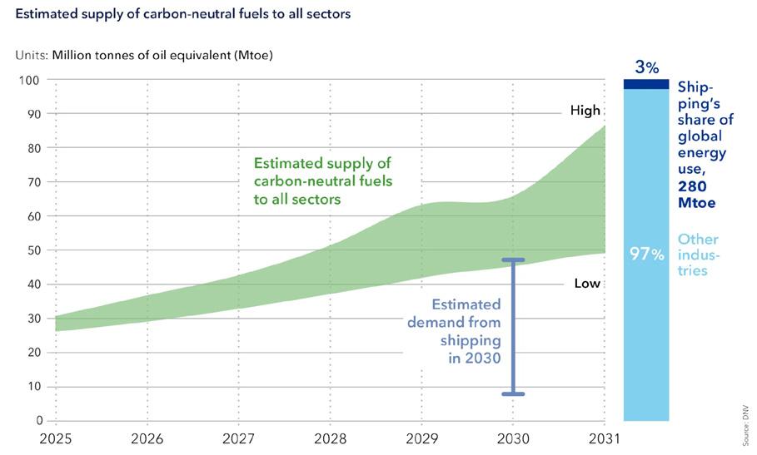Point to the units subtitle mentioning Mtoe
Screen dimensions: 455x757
coord(144,56)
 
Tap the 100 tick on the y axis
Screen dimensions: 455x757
coord(30,80)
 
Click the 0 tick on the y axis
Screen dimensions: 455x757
coord(37,420)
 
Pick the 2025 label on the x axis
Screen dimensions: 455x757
coord(54,437)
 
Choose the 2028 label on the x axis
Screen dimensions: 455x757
coord(330,437)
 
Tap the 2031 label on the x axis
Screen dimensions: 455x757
coord(604,437)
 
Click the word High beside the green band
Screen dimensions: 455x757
coord(585,110)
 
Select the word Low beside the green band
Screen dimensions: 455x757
coord(587,284)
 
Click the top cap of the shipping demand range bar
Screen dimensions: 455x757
coord(513,260)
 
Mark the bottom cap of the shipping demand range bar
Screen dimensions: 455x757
coord(513,393)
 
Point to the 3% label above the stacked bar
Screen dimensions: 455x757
coord(646,66)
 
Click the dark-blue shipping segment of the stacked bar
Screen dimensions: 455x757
coord(646,84)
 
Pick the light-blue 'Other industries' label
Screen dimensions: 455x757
coord(698,255)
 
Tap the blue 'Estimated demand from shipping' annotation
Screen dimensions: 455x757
coord(455,331)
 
